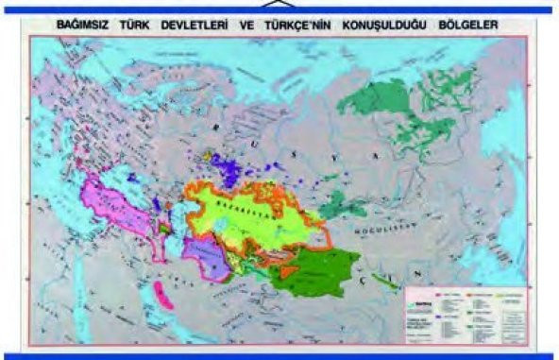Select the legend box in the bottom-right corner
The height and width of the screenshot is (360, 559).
click(464, 308)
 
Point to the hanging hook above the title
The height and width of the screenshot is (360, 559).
click(280, 4)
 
